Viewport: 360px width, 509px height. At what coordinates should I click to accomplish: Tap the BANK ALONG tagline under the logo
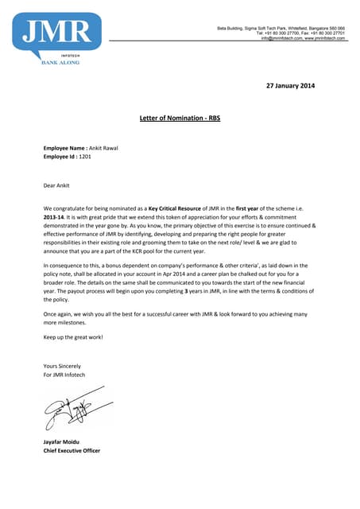click(x=60, y=62)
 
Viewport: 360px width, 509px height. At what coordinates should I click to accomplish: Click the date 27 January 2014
click(x=289, y=86)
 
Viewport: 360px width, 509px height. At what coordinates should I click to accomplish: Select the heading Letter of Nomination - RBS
click(x=179, y=117)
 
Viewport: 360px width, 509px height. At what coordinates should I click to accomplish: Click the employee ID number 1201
click(x=84, y=157)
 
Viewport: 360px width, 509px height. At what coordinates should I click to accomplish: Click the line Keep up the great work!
click(x=73, y=336)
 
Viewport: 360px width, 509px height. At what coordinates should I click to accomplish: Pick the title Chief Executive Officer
click(x=77, y=450)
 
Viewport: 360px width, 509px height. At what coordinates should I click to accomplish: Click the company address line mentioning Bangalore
click(x=281, y=28)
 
